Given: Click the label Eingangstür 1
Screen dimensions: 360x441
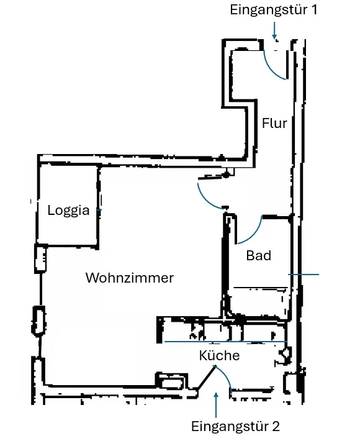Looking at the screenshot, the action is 274,10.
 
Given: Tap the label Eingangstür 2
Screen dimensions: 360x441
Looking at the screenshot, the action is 235,426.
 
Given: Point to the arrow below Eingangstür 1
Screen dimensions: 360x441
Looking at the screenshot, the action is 274,30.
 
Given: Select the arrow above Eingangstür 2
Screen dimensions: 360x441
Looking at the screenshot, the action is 216,405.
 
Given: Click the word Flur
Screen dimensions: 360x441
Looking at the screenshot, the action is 274,123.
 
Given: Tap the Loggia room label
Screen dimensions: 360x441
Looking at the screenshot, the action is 68,211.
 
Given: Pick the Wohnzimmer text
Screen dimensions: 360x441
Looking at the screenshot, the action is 130,278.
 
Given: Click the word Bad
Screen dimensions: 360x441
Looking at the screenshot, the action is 259,256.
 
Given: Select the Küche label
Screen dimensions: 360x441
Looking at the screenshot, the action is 219,355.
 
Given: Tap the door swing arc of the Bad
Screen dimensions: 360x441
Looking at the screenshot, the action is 255,235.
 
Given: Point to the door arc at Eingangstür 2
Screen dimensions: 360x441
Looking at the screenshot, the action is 226,375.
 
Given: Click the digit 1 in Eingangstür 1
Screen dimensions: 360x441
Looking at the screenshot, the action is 314,10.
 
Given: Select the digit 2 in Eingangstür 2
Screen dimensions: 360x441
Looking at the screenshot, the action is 276,427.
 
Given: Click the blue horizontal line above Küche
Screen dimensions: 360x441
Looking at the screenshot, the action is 226,342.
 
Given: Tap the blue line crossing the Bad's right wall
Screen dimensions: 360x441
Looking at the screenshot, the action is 304,274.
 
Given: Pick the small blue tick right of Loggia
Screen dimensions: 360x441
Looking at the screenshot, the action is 99,210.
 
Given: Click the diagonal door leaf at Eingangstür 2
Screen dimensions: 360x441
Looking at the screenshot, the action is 207,378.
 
